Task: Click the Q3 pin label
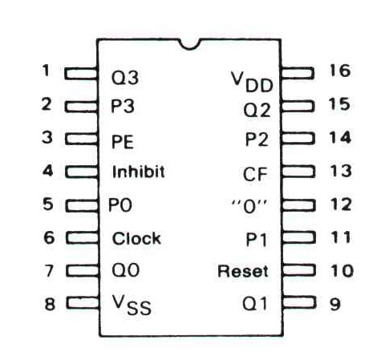[x=125, y=78]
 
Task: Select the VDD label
[x=252, y=82]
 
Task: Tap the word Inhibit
[x=138, y=172]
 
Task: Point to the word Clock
[x=136, y=238]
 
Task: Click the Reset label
[x=243, y=271]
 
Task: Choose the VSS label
[x=132, y=305]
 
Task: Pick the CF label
[x=255, y=174]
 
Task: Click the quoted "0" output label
[x=249, y=207]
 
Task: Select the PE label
[x=123, y=142]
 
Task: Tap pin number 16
[x=339, y=71]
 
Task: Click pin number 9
[x=335, y=304]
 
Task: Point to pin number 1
[x=46, y=71]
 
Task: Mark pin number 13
[x=340, y=171]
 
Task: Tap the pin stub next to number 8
[x=83, y=303]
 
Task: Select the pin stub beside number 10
[x=298, y=270]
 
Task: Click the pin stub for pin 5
[x=82, y=205]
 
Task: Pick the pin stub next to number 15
[x=297, y=106]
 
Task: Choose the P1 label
[x=256, y=240]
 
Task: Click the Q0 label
[x=125, y=270]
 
